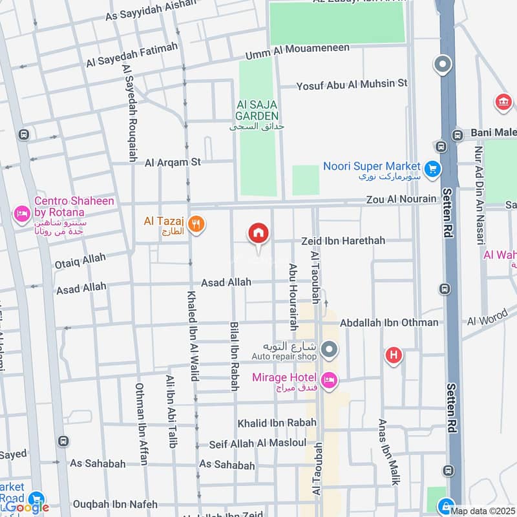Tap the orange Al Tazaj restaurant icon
pos(198,224)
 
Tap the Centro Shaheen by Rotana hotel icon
pos(23,213)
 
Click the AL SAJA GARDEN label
pos(257,110)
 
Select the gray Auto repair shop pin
pos(330,350)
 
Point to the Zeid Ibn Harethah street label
pos(343,240)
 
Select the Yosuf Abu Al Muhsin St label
pos(352,83)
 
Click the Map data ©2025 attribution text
pos(483,511)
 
